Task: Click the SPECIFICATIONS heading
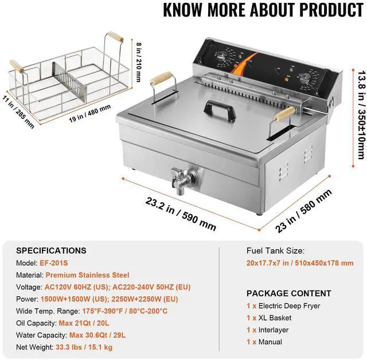[51, 251]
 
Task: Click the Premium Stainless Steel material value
[87, 275]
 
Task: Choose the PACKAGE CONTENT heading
[288, 293]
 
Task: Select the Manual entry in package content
[270, 342]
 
